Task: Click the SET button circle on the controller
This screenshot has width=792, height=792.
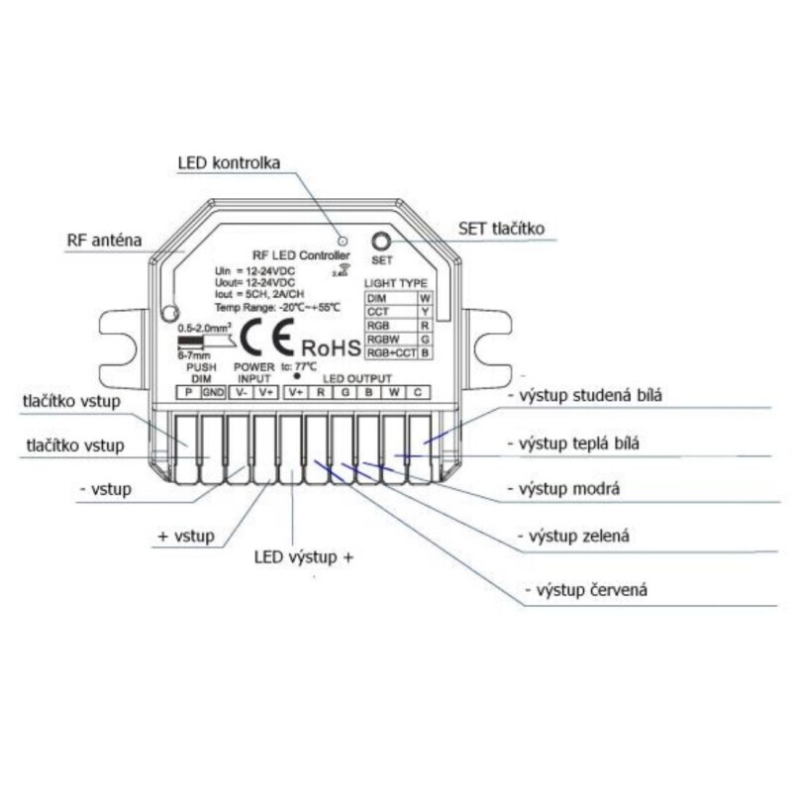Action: [381, 242]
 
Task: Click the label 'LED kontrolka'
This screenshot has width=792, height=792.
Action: [229, 161]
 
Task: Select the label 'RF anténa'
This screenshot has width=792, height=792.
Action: [103, 241]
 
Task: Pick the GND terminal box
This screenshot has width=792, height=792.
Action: [213, 392]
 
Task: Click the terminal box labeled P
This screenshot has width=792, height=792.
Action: [188, 392]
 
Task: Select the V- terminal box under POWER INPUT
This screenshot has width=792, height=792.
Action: [241, 392]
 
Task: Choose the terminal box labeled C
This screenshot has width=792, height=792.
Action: [418, 392]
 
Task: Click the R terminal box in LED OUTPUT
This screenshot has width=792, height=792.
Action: [320, 392]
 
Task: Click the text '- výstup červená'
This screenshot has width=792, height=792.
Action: [590, 591]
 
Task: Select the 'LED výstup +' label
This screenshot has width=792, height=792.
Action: [304, 557]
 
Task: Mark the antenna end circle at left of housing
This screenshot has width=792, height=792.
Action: [169, 314]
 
